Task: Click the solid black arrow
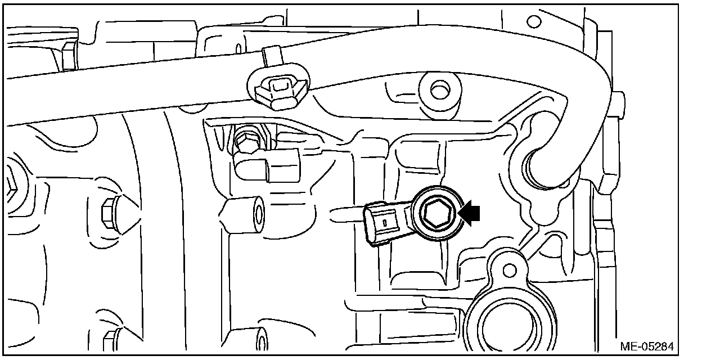(x=471, y=213)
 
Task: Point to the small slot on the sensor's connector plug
(x=384, y=223)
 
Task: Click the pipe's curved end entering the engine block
(x=540, y=169)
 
